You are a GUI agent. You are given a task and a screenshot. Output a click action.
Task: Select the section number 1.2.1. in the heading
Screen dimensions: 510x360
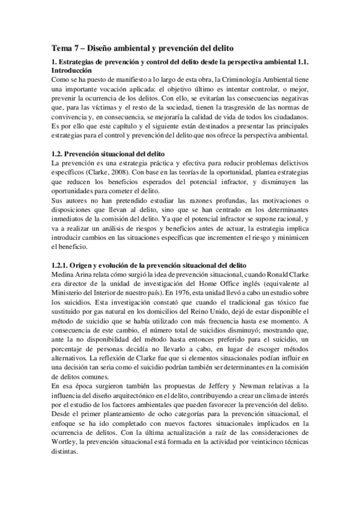click(62, 265)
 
